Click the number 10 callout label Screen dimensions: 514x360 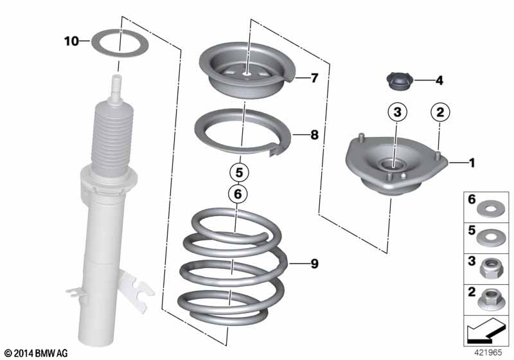click(71, 41)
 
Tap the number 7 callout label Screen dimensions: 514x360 click(314, 78)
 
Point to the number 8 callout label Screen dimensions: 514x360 click(314, 134)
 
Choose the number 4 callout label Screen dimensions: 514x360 click(439, 80)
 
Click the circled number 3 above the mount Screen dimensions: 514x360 click(397, 112)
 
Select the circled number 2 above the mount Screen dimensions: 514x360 click(440, 112)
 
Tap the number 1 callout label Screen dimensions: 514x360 click(472, 162)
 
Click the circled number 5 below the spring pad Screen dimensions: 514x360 click(239, 172)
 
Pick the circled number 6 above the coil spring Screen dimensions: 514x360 click(238, 194)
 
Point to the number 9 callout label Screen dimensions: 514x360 click(314, 264)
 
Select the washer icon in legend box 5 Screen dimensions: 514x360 click(489, 238)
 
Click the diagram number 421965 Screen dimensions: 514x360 click(488, 352)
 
